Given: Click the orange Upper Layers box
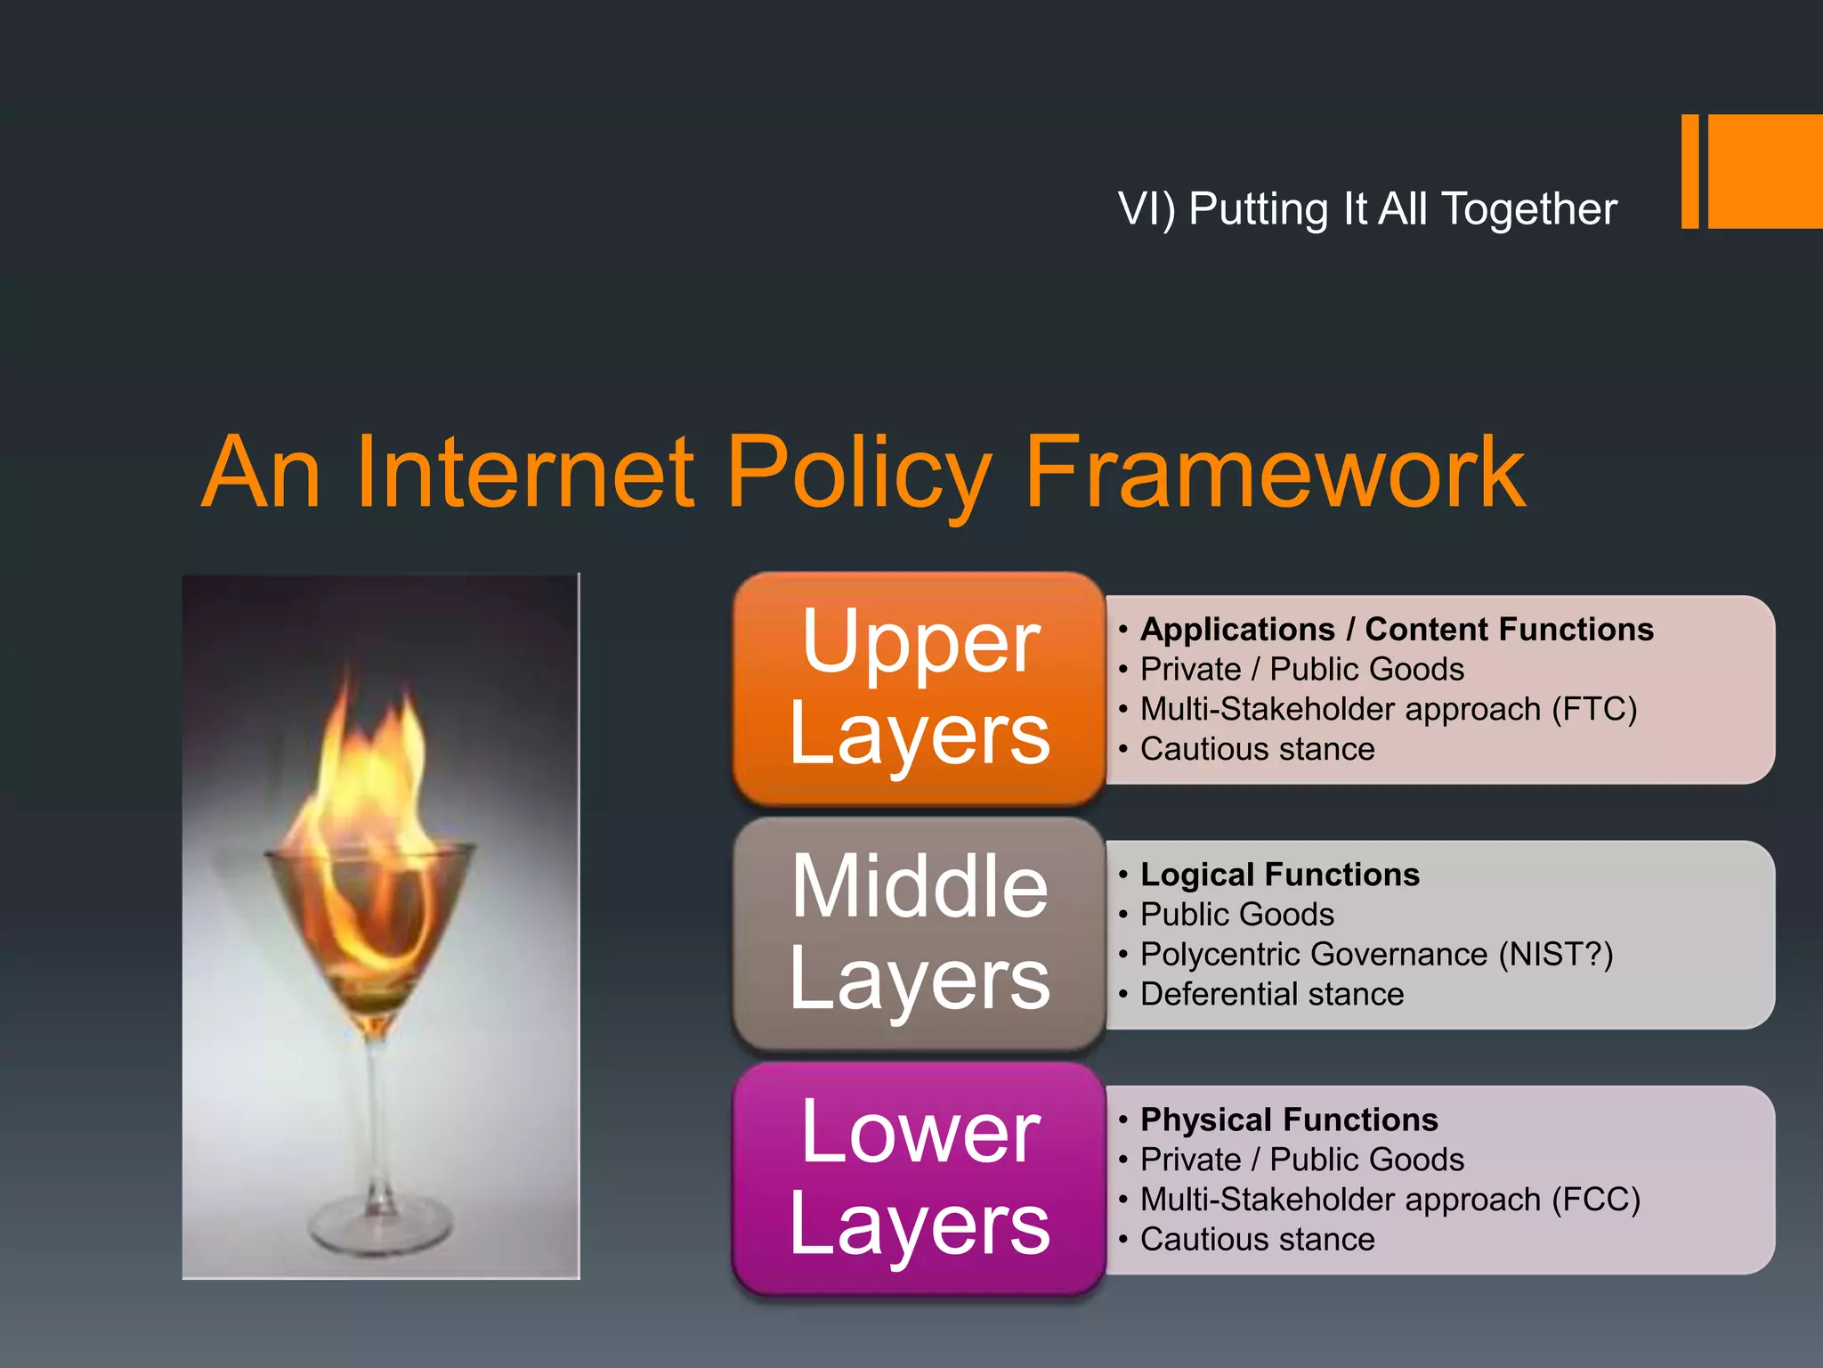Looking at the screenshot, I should point(919,688).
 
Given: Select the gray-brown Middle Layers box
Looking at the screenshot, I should point(919,932).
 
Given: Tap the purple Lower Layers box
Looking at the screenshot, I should point(919,1177).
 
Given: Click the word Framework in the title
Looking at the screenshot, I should point(1275,472).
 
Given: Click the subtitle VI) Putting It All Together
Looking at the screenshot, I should point(1367,209).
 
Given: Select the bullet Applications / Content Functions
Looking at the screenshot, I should point(1397,630).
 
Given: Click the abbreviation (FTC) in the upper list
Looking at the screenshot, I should point(1594,710).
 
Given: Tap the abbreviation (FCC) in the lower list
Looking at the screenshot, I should point(1595,1200).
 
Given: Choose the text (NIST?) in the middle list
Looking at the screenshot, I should point(1555,955).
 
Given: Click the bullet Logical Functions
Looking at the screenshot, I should point(1280,875).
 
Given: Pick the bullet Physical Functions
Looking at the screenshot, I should point(1289,1120).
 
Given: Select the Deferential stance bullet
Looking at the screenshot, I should point(1272,994).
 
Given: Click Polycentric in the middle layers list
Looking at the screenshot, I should point(1225,955).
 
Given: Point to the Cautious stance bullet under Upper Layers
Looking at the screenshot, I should point(1257,749).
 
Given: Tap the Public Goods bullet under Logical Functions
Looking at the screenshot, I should point(1237,915).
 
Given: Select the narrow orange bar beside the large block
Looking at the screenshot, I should point(1689,171).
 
